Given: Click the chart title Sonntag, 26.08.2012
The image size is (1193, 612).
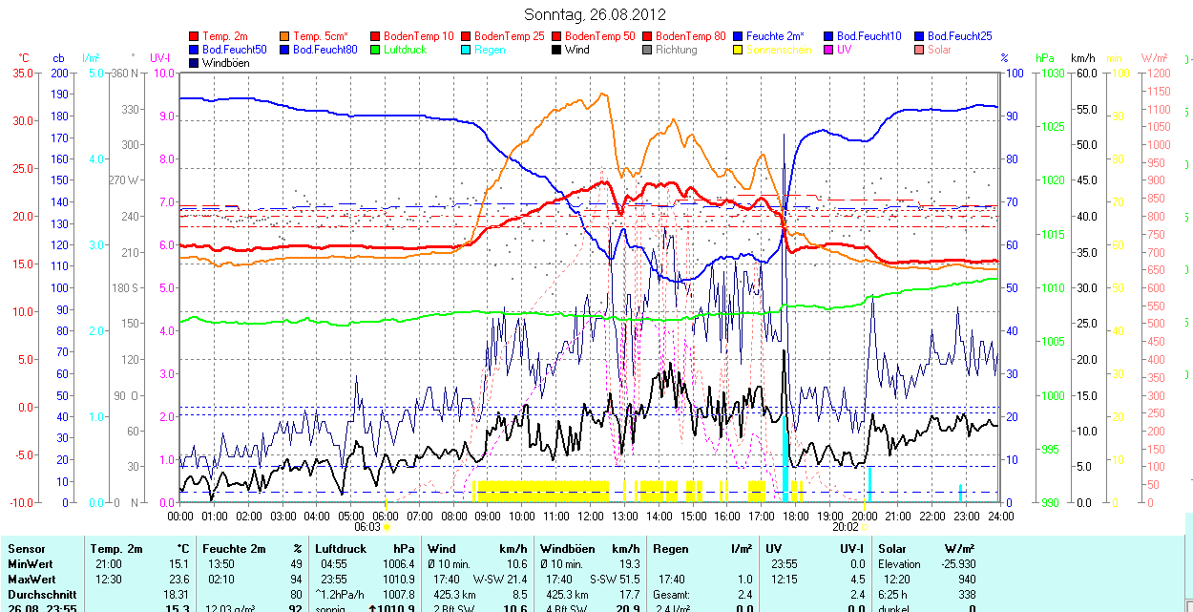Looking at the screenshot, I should click(596, 14).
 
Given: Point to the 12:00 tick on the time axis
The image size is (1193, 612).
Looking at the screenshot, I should click(590, 516).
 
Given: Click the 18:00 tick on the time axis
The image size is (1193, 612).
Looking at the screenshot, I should click(795, 516).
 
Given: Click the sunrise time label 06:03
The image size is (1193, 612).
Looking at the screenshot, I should click(367, 526).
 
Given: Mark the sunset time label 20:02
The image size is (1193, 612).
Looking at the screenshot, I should click(846, 526).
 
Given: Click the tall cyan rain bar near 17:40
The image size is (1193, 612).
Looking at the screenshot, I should click(785, 458).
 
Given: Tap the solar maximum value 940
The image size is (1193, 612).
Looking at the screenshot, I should click(967, 580).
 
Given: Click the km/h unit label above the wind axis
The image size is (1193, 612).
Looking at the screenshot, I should click(1082, 58).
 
